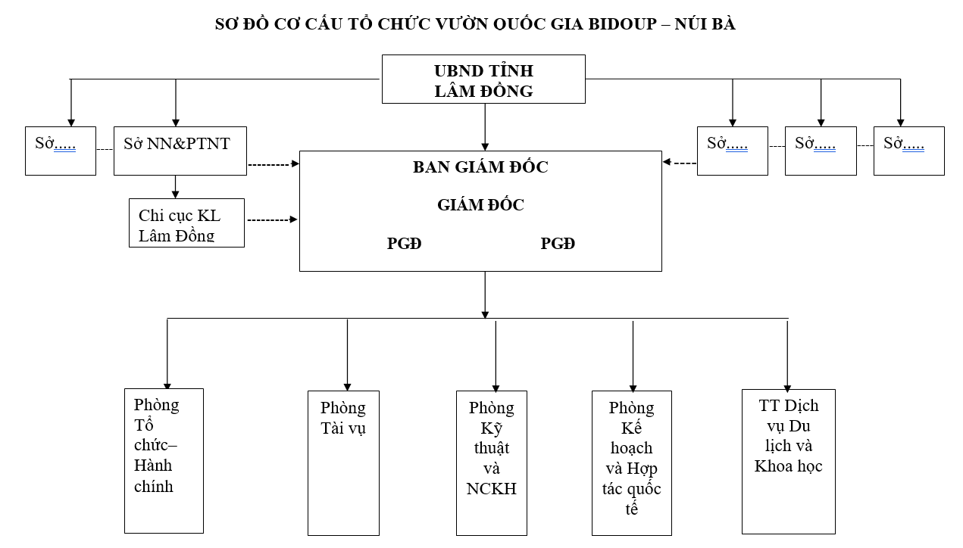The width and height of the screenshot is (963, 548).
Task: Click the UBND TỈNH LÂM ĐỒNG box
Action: click(x=483, y=79)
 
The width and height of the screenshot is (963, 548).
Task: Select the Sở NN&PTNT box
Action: click(x=180, y=151)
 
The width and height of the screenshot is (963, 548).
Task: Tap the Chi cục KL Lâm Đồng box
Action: click(x=186, y=223)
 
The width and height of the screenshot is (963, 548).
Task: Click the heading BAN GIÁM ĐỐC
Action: click(x=480, y=167)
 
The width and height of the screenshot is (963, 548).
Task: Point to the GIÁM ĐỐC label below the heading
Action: click(x=480, y=205)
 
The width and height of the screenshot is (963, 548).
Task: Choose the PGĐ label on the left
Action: click(x=404, y=244)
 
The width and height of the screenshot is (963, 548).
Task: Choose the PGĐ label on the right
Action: click(x=558, y=244)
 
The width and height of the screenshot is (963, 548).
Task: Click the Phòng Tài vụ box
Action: click(x=343, y=462)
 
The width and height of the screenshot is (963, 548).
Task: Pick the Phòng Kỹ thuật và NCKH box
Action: click(x=492, y=462)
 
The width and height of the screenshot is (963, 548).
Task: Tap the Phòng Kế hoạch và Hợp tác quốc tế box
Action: click(x=631, y=462)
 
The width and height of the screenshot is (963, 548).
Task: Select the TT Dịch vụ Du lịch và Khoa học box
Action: click(x=788, y=461)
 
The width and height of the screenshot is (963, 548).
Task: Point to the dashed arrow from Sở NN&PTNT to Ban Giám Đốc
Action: click(x=274, y=163)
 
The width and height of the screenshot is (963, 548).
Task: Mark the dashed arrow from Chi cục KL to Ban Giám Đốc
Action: click(x=272, y=220)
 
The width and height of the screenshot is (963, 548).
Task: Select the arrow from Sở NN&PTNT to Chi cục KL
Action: click(x=176, y=186)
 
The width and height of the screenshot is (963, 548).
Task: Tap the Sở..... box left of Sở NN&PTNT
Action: click(x=61, y=151)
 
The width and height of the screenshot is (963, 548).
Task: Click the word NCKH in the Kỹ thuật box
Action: click(x=492, y=488)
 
